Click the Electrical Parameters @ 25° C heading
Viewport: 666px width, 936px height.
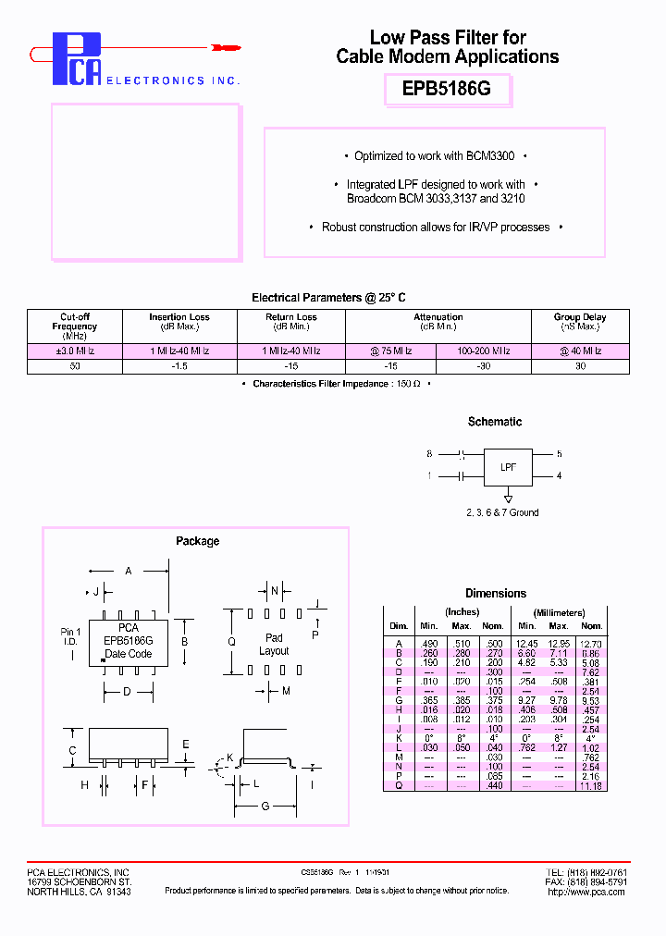point(328,298)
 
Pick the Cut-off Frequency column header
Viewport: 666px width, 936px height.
point(75,326)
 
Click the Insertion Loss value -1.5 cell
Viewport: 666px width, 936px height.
point(179,366)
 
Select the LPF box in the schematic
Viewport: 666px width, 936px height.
point(509,467)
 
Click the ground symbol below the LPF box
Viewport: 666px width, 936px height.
point(508,496)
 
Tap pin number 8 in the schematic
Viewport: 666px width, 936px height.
point(429,454)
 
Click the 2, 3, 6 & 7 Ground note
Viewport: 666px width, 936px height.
point(502,512)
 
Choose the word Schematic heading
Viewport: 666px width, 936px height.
point(495,422)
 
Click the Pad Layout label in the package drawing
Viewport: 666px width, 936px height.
point(274,644)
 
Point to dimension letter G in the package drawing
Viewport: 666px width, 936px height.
point(265,807)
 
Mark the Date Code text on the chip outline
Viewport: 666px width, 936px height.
point(129,654)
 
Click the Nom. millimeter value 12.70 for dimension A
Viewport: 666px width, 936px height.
point(591,643)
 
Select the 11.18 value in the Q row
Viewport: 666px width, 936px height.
point(591,785)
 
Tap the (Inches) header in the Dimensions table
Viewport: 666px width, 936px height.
point(462,612)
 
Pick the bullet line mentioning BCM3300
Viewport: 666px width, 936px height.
point(434,156)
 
